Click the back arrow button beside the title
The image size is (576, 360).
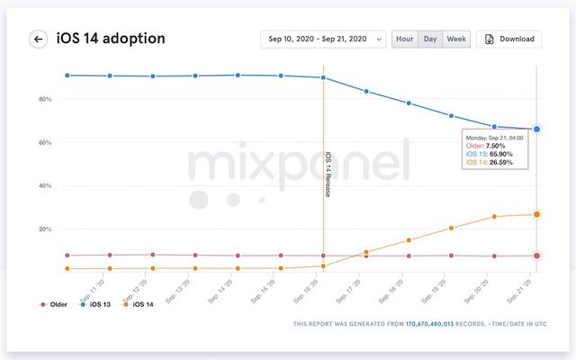(x=39, y=39)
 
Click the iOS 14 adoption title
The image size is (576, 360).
(x=111, y=39)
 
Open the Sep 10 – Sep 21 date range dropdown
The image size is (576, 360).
(x=323, y=39)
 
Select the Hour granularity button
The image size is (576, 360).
(x=405, y=39)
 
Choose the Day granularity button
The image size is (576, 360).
(x=431, y=39)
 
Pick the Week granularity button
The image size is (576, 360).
(x=457, y=39)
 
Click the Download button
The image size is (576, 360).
(x=509, y=39)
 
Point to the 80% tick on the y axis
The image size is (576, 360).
(x=44, y=99)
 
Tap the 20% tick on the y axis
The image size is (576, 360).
(x=44, y=229)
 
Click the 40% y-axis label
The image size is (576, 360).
(x=44, y=185)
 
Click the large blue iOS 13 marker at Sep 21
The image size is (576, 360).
(x=537, y=130)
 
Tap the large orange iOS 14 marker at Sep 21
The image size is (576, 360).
(x=537, y=214)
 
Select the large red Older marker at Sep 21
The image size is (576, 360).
(x=537, y=256)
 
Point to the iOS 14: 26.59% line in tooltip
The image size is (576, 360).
(x=490, y=163)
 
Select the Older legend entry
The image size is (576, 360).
(x=56, y=305)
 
